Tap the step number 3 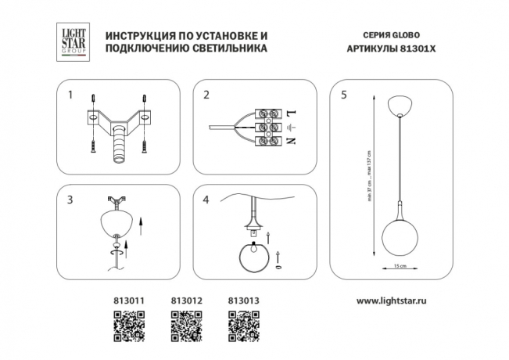tap(70, 200)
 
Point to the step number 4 tap(206, 200)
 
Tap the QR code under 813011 tap(130, 323)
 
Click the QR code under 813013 tap(242, 323)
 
